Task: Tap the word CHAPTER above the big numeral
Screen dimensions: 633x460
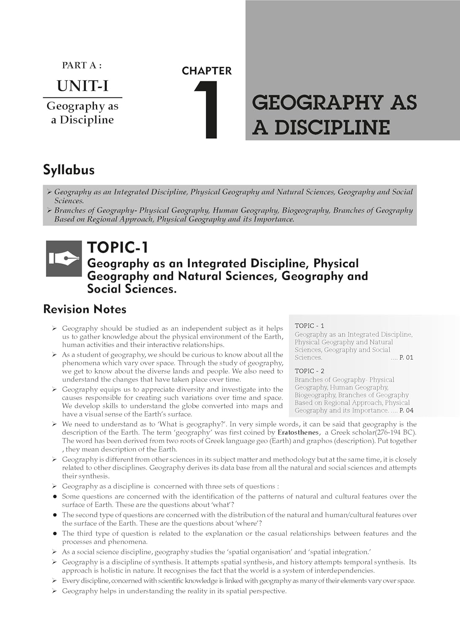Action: pos(207,71)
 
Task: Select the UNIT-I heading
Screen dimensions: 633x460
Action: pos(83,86)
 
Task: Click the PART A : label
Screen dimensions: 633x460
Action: pos(82,65)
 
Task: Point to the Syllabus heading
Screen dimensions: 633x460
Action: pos(69,170)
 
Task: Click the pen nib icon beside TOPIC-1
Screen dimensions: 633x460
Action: pos(64,259)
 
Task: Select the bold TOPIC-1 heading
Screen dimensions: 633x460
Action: pos(118,248)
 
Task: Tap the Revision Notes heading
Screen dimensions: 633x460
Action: pos(85,309)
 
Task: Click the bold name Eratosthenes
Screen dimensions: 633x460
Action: pos(298,433)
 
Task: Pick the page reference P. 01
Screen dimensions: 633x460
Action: pos(406,357)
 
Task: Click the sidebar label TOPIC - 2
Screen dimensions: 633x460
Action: pos(309,371)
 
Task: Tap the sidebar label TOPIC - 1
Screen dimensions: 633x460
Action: pos(309,326)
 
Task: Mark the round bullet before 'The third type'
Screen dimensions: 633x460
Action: pos(55,534)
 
